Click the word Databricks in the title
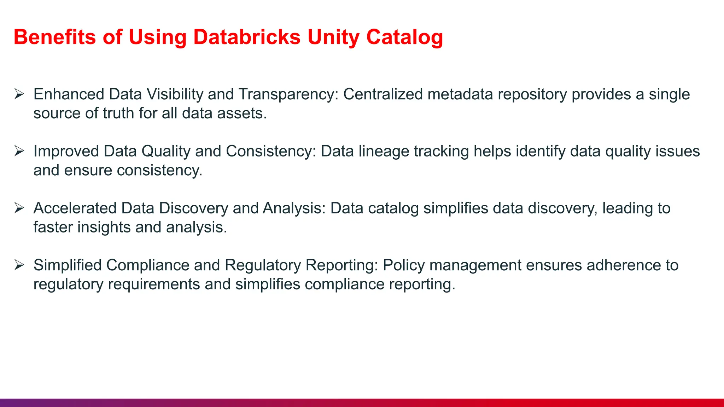point(247,37)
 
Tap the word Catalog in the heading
point(404,37)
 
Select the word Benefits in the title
point(55,37)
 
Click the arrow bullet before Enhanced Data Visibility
point(19,94)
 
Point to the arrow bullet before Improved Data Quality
point(19,151)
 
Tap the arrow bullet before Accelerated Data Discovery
point(19,208)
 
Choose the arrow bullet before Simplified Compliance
point(19,265)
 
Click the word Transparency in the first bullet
point(288,94)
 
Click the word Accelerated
point(75,208)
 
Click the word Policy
point(404,265)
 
